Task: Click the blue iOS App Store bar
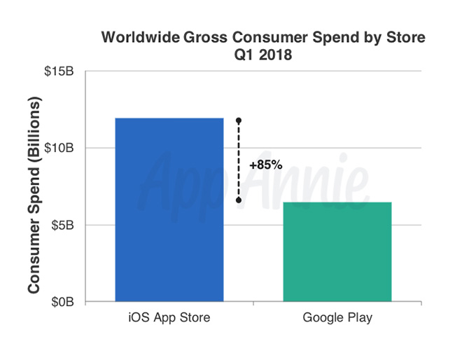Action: coord(169,209)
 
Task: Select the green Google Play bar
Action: coord(337,251)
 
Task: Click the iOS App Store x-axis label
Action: coord(169,318)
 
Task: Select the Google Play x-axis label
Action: coord(337,318)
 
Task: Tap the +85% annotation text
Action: coord(265,166)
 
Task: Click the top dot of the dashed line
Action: coord(239,120)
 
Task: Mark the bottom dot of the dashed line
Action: coord(239,200)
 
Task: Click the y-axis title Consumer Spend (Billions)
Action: coord(34,195)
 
